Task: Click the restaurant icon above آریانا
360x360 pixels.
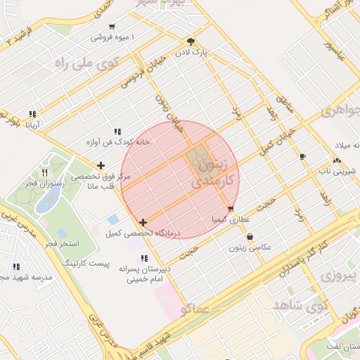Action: coord(32,114)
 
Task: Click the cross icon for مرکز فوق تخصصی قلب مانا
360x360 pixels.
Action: coord(102,167)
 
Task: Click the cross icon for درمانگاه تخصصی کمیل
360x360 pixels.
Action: coord(143,222)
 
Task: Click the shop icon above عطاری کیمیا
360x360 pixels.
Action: coord(231,209)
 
